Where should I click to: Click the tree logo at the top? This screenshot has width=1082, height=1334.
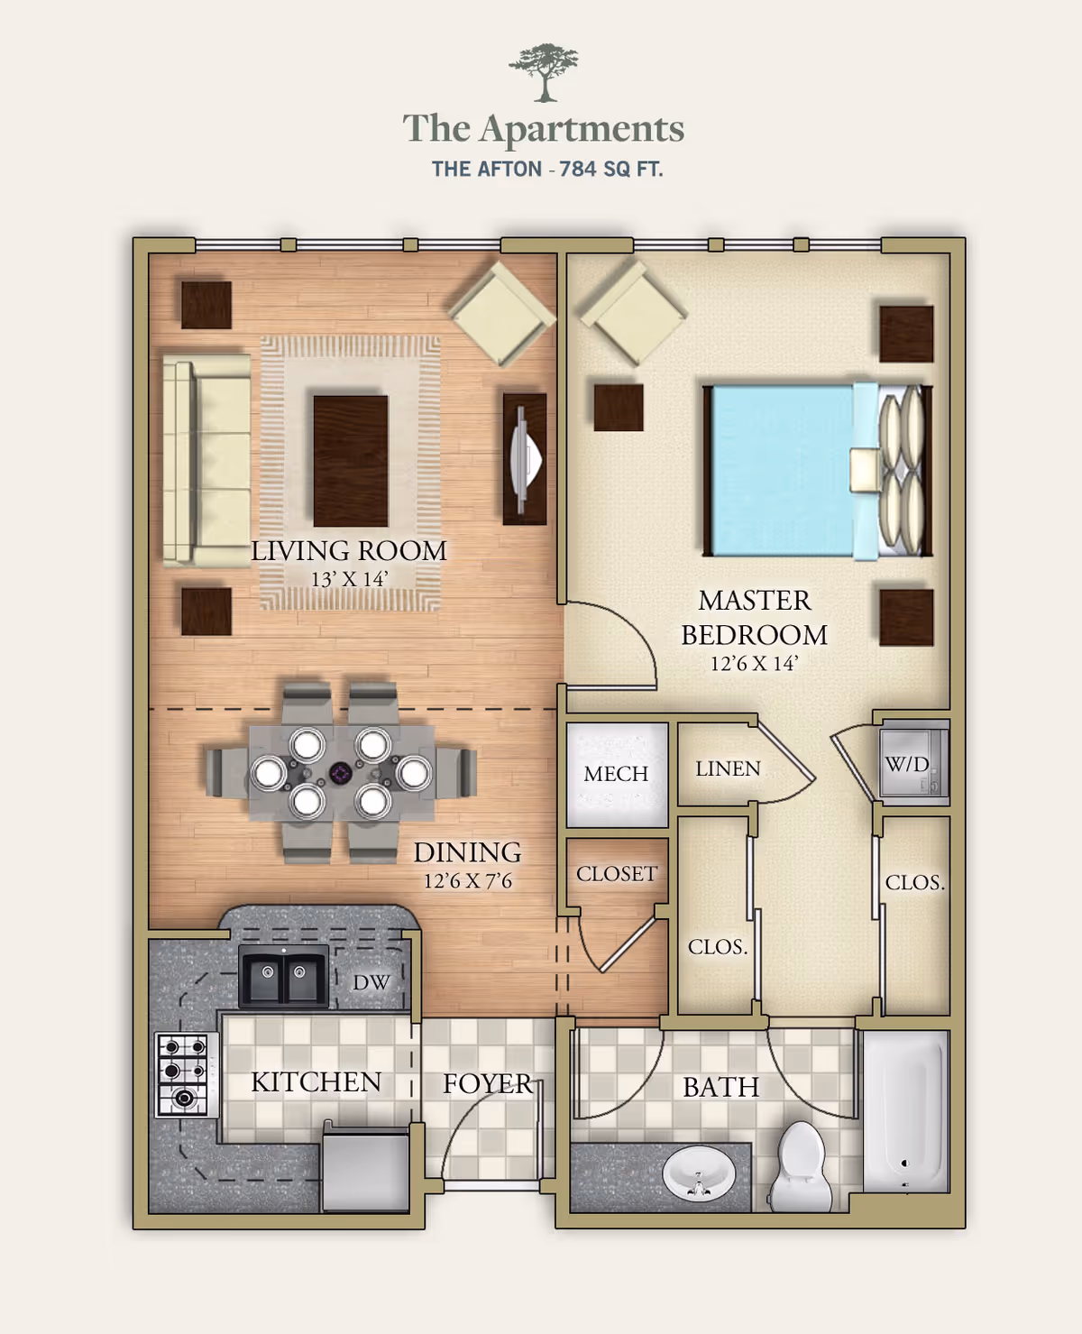click(543, 72)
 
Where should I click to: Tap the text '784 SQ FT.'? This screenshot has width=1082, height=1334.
click(610, 169)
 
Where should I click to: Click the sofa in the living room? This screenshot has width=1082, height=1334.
click(206, 459)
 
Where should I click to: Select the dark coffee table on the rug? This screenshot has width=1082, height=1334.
click(351, 460)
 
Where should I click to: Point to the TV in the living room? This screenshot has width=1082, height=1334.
click(525, 458)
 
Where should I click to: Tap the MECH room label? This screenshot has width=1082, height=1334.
click(616, 774)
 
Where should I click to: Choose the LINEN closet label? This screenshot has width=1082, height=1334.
click(728, 768)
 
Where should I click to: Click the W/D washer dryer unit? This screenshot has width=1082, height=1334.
click(913, 763)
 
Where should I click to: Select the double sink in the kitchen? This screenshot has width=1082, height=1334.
click(283, 975)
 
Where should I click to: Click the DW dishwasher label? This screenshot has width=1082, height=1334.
click(371, 982)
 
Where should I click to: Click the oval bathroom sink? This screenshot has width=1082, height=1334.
click(699, 1173)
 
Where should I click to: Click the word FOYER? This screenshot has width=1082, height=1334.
click(487, 1083)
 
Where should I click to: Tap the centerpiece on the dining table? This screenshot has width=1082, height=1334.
click(340, 773)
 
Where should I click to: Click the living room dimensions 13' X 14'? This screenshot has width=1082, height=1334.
click(348, 579)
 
